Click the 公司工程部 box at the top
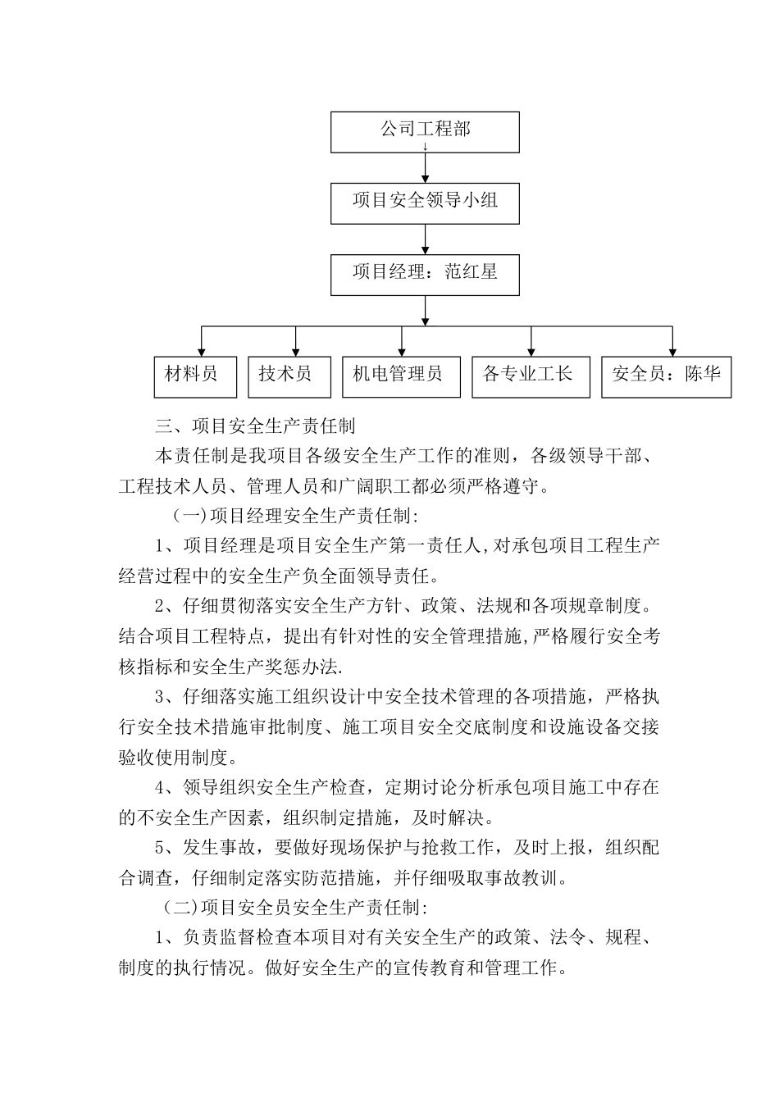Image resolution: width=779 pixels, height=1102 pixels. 425,131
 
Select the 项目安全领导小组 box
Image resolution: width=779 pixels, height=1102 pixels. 425,202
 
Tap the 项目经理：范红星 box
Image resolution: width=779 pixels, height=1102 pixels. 425,274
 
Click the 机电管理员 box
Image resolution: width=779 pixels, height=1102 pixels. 400,376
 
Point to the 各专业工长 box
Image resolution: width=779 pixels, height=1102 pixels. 530,376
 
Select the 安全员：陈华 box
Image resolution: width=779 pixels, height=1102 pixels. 666,376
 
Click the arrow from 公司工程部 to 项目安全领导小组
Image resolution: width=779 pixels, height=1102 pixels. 425,166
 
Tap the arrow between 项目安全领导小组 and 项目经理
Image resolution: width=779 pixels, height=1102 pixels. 425,239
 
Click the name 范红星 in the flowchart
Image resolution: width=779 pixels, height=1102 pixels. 471,271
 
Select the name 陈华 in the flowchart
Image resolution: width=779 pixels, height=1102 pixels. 703,375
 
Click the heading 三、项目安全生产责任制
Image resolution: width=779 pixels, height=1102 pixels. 255,426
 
